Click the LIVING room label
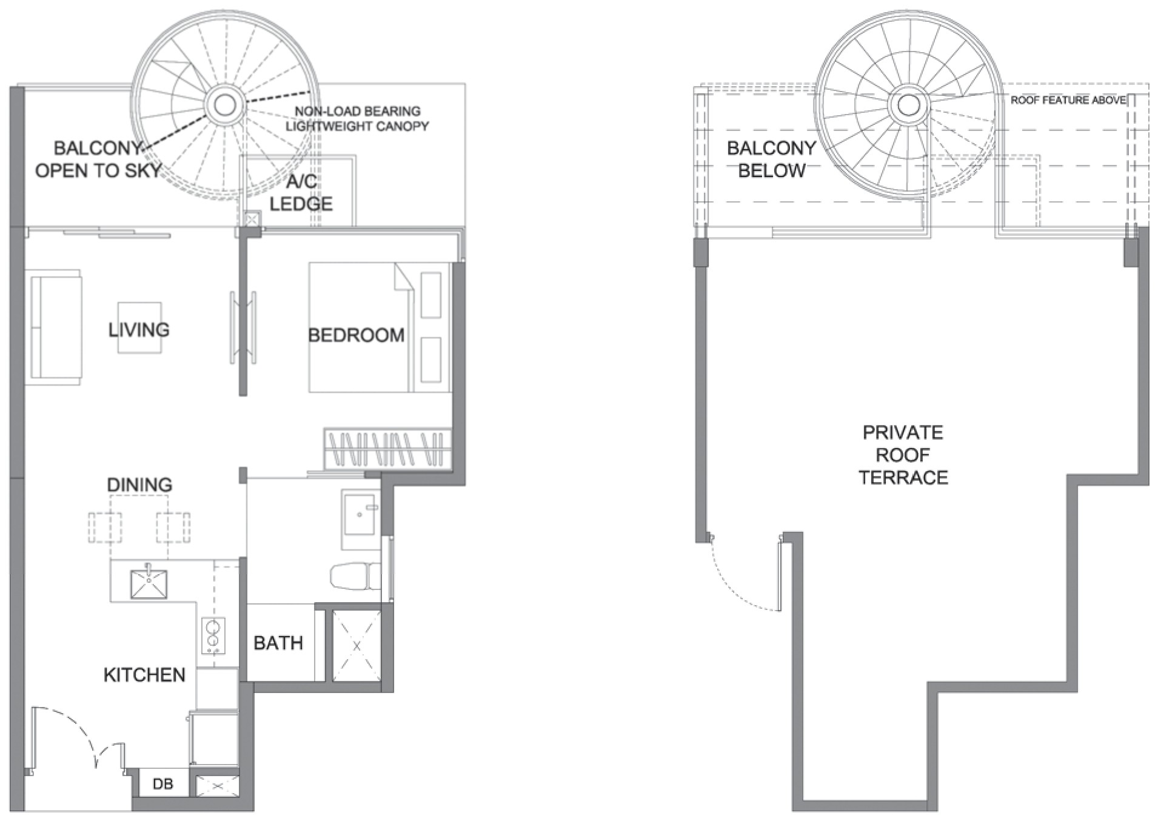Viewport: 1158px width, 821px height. coord(139,330)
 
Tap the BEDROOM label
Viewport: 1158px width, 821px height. coord(356,335)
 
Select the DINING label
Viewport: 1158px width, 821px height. coord(139,485)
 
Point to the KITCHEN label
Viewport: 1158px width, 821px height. coord(144,675)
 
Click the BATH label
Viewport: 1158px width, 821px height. coord(278,643)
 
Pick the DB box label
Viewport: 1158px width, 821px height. coord(162,784)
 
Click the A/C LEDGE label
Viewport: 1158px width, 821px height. coord(301,192)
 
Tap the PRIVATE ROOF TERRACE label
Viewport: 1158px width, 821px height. coord(903,455)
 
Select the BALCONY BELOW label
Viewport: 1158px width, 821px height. coord(771,159)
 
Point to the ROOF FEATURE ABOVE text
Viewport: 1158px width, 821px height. coord(1068,100)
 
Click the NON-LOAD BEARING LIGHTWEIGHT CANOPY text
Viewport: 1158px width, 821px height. coord(357,119)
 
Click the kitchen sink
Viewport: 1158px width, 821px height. coord(149,583)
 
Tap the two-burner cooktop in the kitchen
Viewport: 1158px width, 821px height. coord(213,635)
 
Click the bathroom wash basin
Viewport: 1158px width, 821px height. coord(361,513)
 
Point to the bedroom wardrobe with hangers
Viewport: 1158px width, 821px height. coord(389,449)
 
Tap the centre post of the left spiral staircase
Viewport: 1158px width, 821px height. coord(225,104)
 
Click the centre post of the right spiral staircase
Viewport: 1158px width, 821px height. coord(908,104)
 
